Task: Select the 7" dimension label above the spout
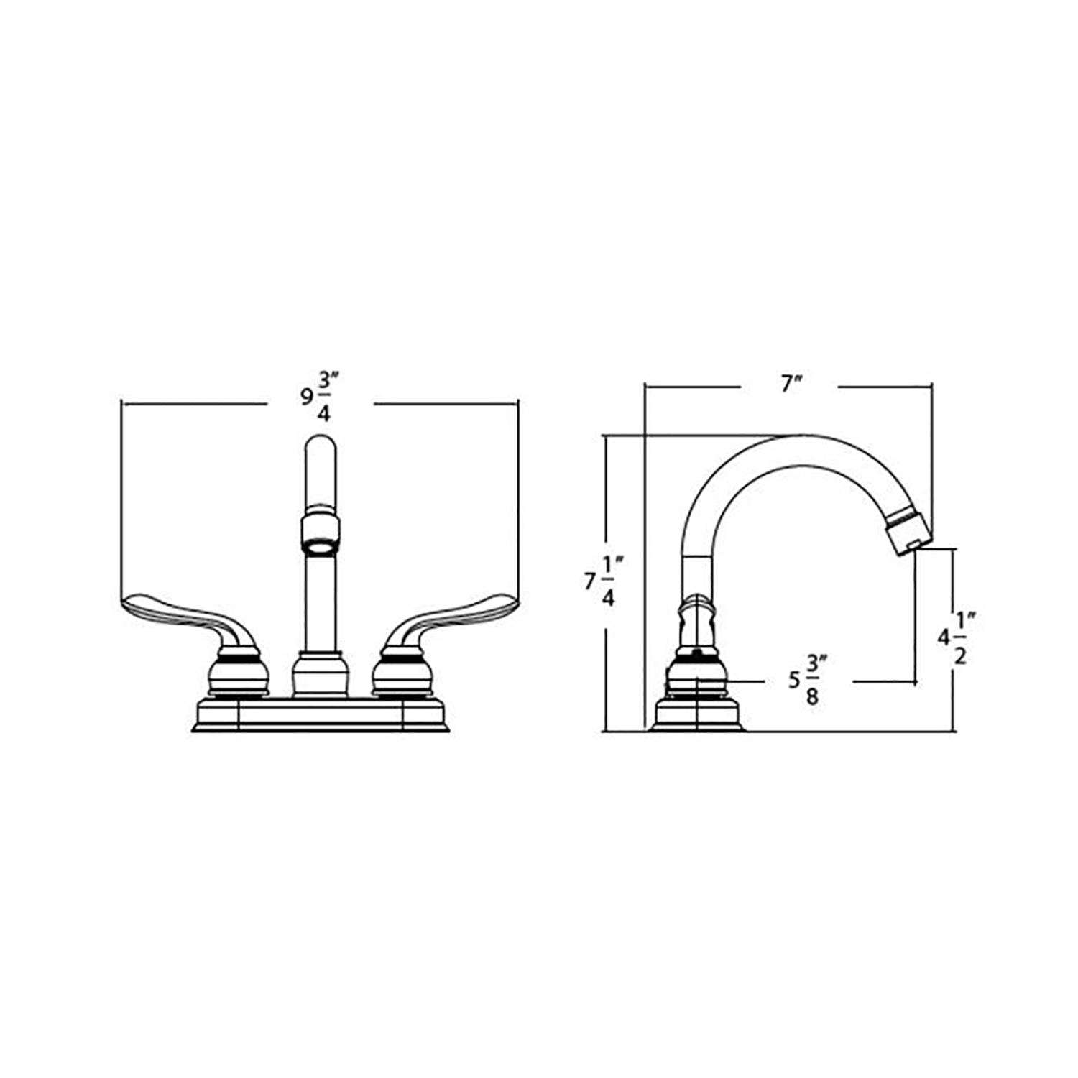791,385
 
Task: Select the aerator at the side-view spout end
908,530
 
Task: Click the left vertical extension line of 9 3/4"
121,503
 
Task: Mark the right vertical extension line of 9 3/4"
517,503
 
